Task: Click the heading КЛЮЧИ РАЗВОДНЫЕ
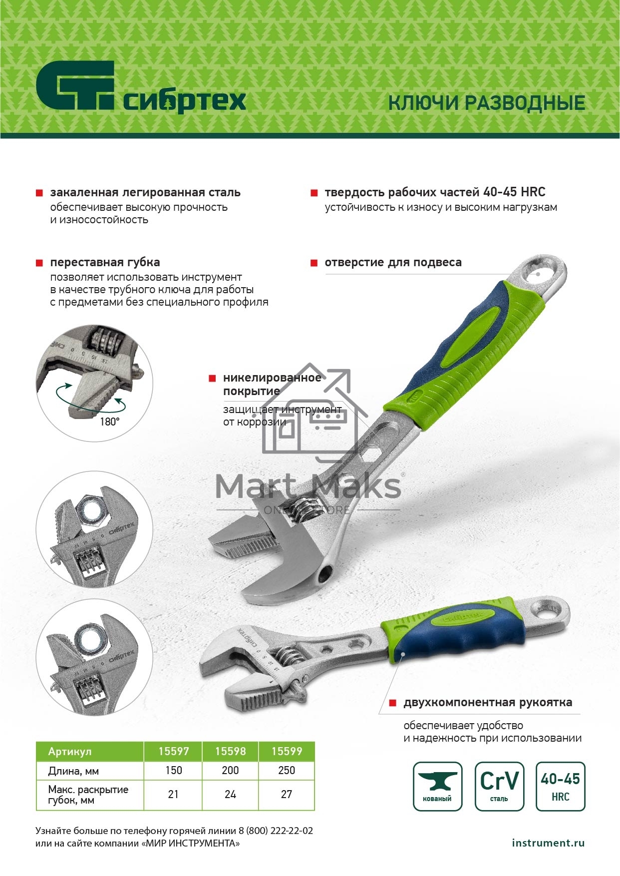tap(487, 103)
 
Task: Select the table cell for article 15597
tap(173, 751)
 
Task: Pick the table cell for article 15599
tap(287, 751)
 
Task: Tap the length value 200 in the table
tap(230, 770)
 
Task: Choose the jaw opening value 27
tap(287, 794)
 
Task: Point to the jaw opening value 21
tap(173, 794)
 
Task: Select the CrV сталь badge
tap(499, 786)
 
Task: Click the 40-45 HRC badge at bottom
tap(560, 786)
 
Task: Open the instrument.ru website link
tap(548, 843)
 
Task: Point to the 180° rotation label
tap(110, 422)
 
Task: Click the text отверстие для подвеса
tap(393, 262)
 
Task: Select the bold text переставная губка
tap(105, 262)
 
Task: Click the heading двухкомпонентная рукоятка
tap(488, 702)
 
